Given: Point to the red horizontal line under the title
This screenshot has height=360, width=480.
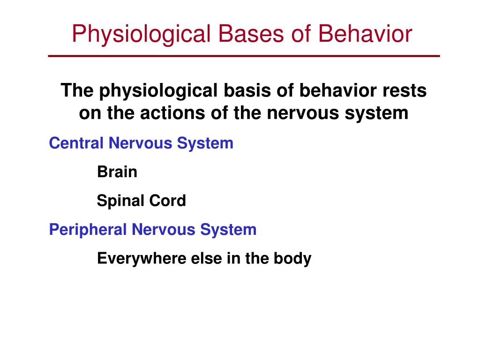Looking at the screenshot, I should tap(244, 56).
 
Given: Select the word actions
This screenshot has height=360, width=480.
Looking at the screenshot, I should tap(147, 113).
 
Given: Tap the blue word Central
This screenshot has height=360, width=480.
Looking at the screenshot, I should tap(76, 143).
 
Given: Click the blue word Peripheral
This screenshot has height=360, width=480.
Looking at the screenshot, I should tap(88, 230).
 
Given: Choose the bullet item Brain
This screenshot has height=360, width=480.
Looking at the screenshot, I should tap(117, 172).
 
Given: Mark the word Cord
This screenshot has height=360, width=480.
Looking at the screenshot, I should tap(168, 201).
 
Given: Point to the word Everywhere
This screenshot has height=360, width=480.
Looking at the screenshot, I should tap(139, 259).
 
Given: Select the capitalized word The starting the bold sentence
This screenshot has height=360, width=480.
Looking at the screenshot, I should tap(77, 90).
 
